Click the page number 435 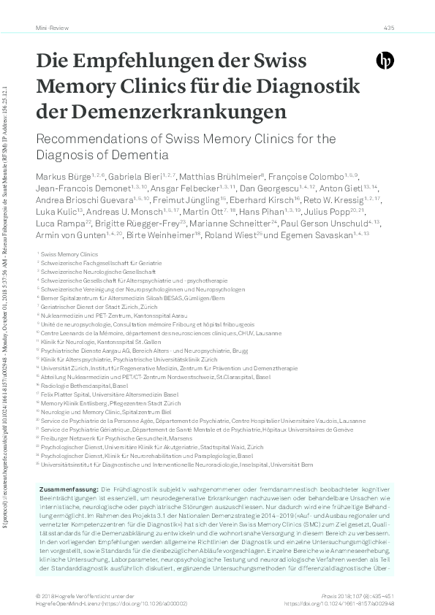tap(388, 28)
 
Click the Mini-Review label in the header tap(48, 28)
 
